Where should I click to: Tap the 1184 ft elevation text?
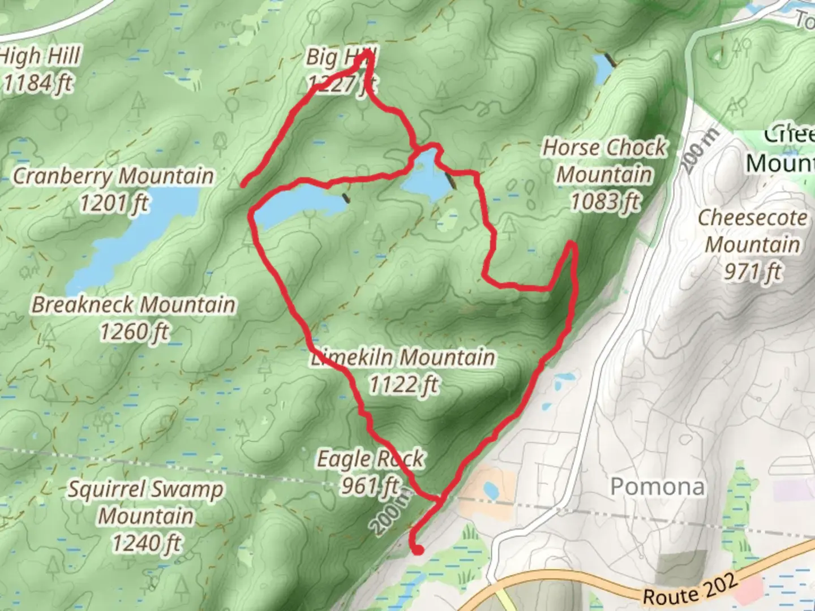click(38, 83)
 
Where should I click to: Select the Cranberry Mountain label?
click(113, 176)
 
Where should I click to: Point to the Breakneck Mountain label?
click(133, 304)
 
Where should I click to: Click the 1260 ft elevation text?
click(135, 331)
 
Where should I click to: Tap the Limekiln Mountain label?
click(403, 358)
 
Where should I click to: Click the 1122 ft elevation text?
click(404, 385)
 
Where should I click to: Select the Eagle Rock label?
click(370, 459)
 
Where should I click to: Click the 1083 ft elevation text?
click(604, 201)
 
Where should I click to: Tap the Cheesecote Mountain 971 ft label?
click(753, 244)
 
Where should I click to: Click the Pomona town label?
click(658, 487)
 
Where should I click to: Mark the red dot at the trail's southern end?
click(418, 549)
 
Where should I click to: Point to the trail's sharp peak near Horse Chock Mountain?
click(572, 245)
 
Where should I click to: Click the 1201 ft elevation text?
click(114, 203)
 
